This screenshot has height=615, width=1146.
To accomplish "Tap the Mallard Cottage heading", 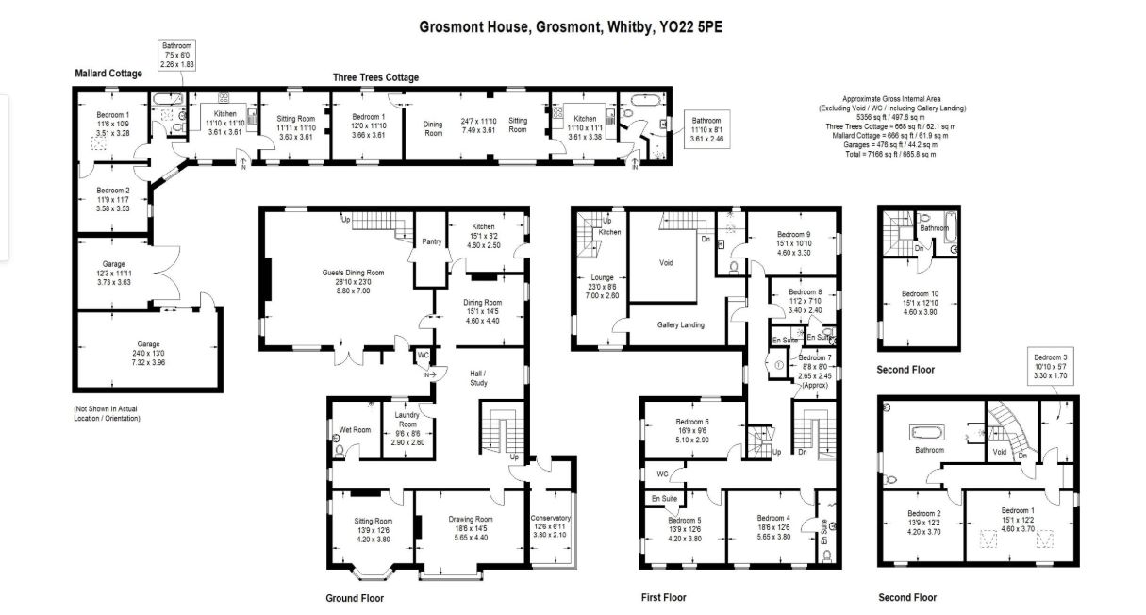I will [108, 74].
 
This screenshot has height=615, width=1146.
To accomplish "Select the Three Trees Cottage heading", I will [375, 77].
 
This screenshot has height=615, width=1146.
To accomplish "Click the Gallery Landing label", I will [681, 324].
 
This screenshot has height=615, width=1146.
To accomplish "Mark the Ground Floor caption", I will [356, 598].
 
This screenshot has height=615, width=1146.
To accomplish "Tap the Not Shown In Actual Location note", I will [107, 413].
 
